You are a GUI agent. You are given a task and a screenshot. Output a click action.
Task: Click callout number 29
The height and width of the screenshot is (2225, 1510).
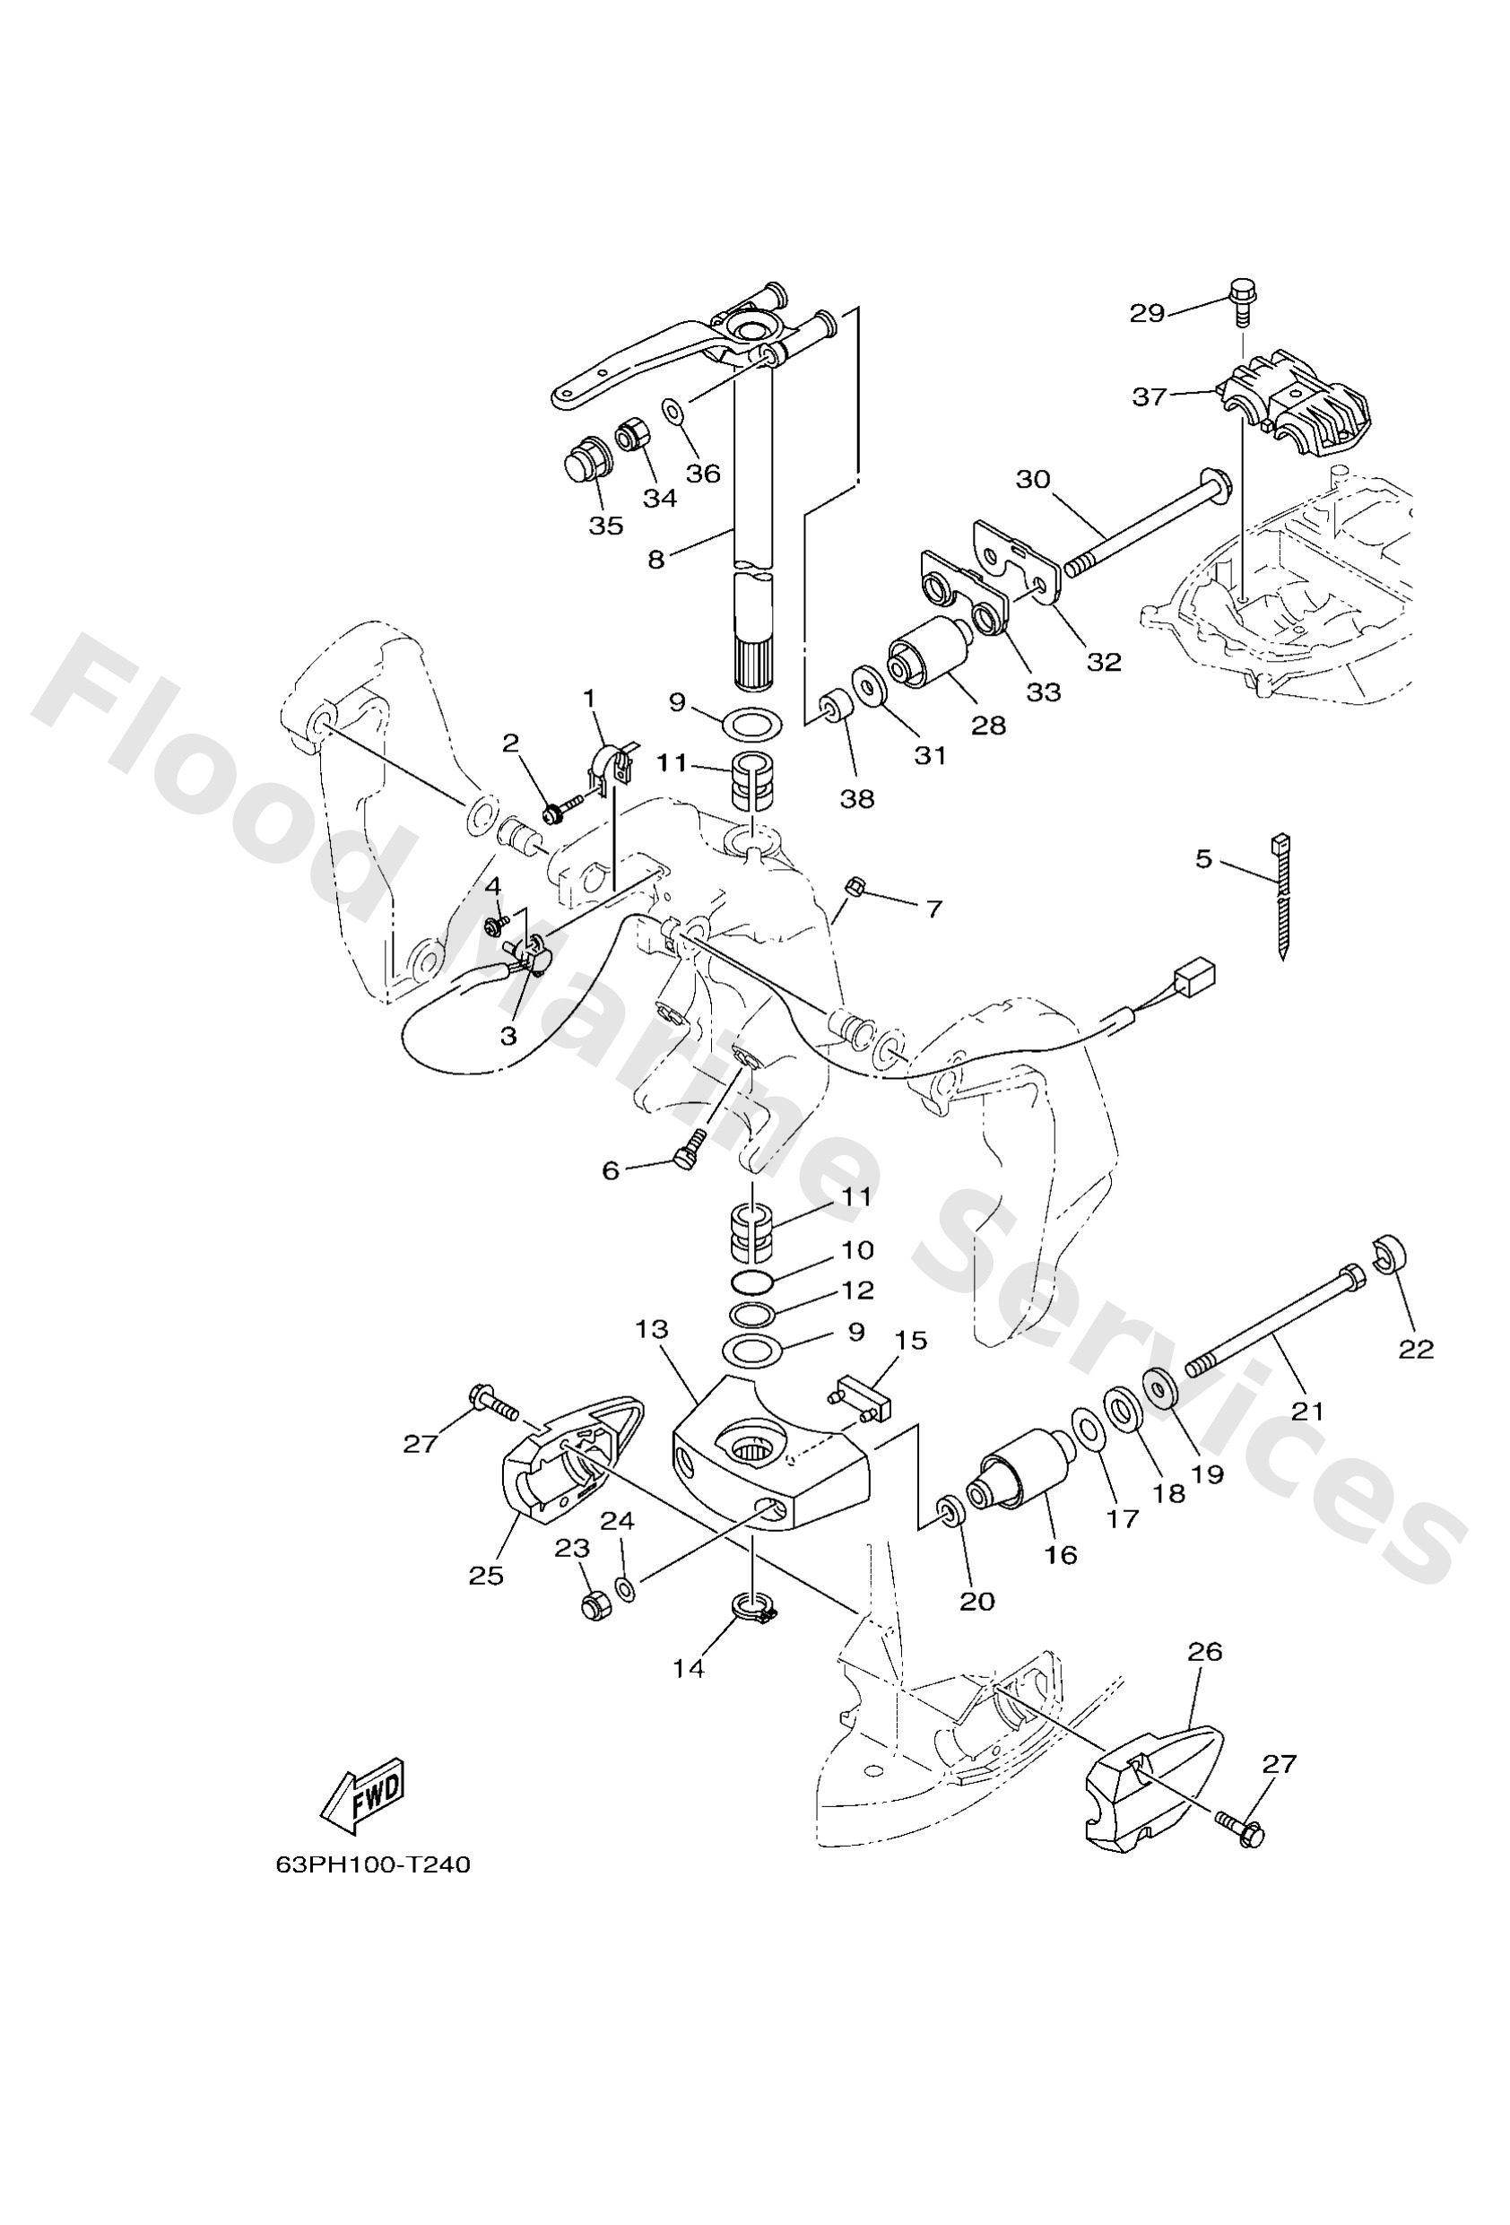click(x=1146, y=313)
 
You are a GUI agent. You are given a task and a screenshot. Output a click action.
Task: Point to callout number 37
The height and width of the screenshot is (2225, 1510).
click(x=1149, y=395)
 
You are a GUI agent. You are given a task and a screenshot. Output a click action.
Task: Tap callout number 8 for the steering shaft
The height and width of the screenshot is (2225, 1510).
click(x=655, y=559)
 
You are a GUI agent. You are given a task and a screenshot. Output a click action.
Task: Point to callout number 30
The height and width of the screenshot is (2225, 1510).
click(x=1033, y=479)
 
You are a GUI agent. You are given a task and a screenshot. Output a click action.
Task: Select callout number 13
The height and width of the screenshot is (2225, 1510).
click(x=650, y=1331)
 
